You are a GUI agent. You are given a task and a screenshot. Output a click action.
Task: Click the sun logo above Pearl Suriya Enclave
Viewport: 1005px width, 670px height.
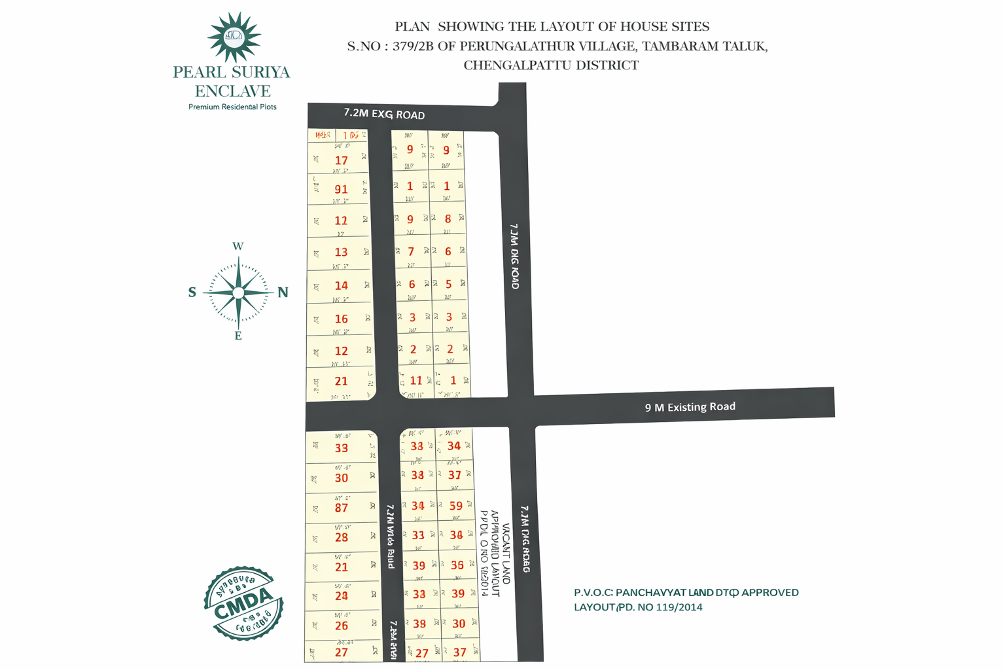click(234, 36)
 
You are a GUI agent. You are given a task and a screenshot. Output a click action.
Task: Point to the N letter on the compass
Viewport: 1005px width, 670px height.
click(283, 292)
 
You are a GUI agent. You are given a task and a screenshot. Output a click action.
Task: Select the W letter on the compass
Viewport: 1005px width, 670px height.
click(238, 247)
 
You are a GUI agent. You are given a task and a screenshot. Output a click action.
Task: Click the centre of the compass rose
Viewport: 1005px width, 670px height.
click(238, 292)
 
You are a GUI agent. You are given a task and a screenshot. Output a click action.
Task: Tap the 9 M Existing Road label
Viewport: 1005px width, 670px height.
click(690, 407)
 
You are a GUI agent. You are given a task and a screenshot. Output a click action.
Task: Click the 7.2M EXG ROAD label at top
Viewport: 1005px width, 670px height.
click(384, 114)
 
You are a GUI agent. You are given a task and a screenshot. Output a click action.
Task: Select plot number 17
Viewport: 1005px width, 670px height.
click(341, 160)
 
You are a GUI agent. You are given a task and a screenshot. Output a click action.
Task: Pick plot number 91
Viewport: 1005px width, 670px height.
click(341, 190)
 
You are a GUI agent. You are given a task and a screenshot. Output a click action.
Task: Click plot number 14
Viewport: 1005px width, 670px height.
click(341, 285)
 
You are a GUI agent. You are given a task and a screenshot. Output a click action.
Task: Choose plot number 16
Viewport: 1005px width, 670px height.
click(341, 319)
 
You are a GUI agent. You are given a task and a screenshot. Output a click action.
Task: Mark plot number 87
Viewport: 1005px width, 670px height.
click(341, 508)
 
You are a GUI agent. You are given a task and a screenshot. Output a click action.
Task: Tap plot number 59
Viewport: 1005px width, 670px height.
click(456, 506)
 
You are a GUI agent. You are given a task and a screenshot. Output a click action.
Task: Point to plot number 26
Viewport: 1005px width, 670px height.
click(342, 626)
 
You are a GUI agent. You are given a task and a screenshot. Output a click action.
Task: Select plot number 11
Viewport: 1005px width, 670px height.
click(416, 380)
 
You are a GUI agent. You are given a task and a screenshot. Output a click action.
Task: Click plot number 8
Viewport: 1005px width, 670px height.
click(448, 219)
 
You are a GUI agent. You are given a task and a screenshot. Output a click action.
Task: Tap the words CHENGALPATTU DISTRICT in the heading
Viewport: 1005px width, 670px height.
click(551, 65)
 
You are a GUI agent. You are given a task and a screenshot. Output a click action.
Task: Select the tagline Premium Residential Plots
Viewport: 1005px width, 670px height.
click(232, 107)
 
